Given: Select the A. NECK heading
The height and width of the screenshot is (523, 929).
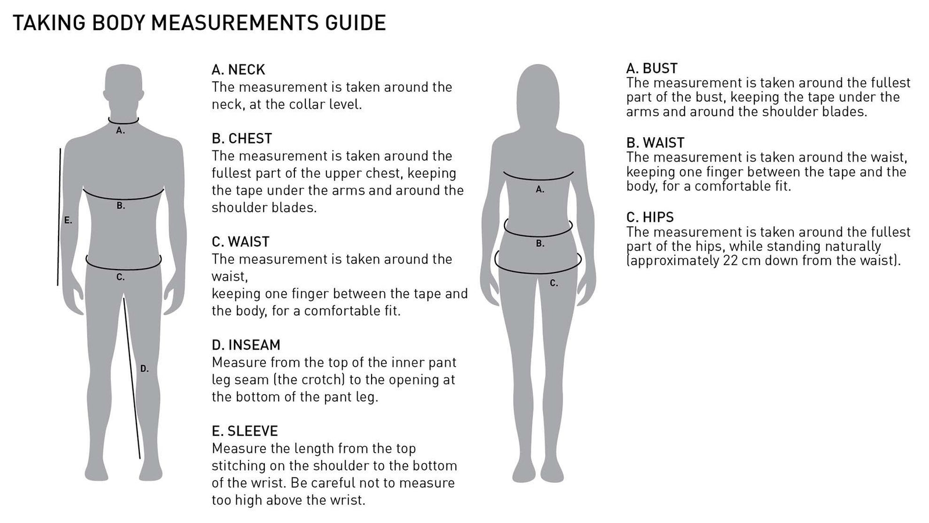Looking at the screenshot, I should [238, 70].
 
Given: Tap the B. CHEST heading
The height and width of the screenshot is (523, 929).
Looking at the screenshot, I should [242, 138].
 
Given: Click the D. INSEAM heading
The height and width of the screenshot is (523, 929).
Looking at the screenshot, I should [246, 345].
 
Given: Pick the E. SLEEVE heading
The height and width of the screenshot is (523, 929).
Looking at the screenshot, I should [244, 431].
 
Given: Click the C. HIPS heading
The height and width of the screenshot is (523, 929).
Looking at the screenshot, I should [650, 217].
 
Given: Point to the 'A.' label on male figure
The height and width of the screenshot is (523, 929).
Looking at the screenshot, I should [120, 131].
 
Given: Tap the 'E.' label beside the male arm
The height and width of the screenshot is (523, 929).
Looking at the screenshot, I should [68, 220].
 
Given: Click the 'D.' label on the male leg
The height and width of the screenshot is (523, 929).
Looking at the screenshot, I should [145, 368].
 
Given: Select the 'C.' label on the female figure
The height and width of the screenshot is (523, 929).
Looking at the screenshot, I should [554, 283].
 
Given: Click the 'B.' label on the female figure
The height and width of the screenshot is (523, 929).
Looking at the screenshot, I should [540, 243].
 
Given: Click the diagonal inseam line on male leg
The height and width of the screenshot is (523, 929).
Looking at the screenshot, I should [132, 378].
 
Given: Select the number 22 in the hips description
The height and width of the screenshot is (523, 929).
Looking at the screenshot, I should [729, 260].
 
